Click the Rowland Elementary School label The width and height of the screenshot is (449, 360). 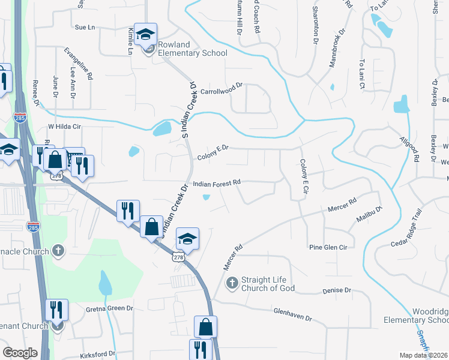pos(192,49)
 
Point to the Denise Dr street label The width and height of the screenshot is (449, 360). pos(336,290)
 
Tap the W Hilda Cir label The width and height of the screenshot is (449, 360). pos(64,127)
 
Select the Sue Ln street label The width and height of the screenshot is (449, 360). pos(85,28)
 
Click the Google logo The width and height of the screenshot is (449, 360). pos(20,353)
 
